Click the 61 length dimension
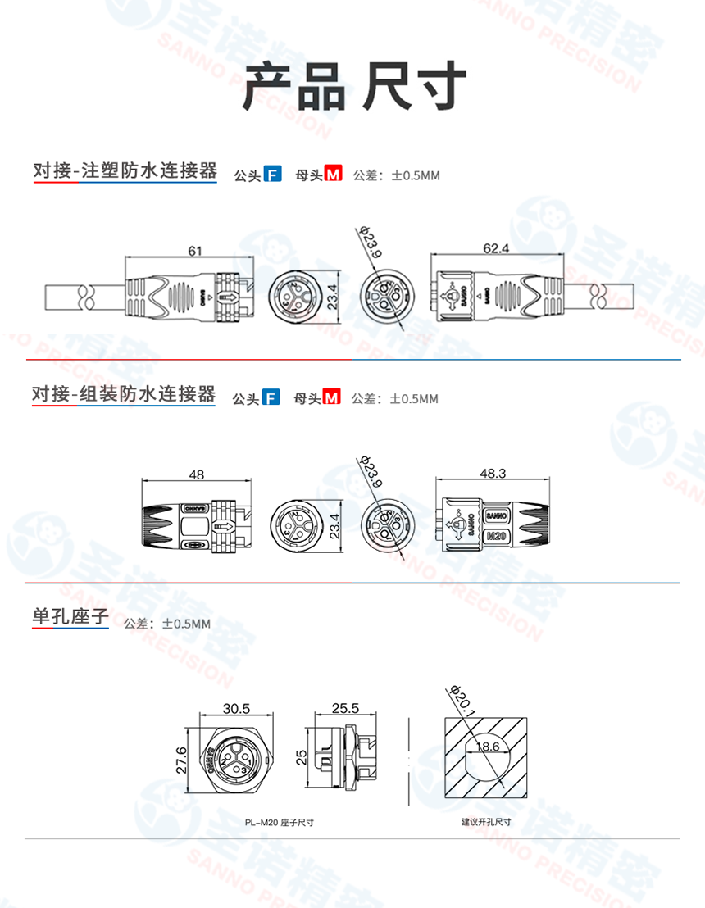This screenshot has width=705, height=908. [x=194, y=251]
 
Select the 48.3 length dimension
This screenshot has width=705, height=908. [x=491, y=473]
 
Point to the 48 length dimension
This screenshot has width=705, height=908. [x=196, y=474]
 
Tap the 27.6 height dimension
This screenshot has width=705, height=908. [x=182, y=760]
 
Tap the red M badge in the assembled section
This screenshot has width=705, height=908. [x=331, y=398]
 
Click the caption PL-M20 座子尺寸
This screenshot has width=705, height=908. [x=279, y=822]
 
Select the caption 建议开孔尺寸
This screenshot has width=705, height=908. [x=486, y=821]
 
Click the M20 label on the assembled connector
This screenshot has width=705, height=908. [x=497, y=537]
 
